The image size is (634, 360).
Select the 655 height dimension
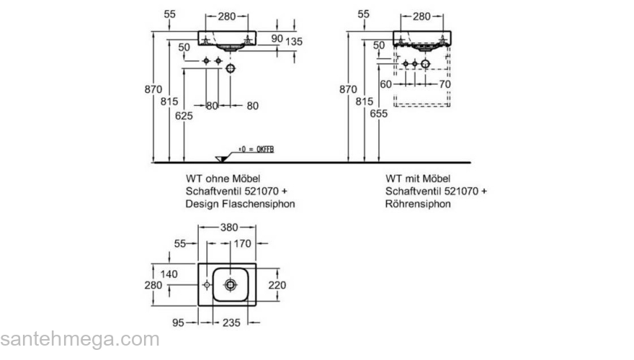[380, 113]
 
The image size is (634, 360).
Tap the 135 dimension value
[294, 42]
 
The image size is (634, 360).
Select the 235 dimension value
[231, 323]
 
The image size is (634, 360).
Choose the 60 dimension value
[385, 84]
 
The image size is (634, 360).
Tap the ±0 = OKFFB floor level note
[256, 149]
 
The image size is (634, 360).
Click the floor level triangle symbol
[221, 158]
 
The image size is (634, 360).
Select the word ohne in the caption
[215, 178]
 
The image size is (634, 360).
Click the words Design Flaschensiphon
[240, 204]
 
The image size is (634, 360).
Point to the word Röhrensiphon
[418, 204]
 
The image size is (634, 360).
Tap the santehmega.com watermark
[79, 339]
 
